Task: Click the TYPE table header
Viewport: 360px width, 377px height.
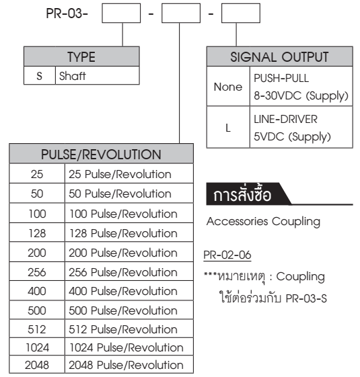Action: (x=81, y=58)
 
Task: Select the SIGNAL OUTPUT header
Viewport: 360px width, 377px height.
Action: (x=279, y=58)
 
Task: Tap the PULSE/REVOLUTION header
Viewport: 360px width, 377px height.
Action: (x=102, y=155)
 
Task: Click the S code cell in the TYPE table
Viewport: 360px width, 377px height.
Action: (x=39, y=76)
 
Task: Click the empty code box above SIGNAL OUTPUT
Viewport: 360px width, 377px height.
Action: (x=240, y=13)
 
